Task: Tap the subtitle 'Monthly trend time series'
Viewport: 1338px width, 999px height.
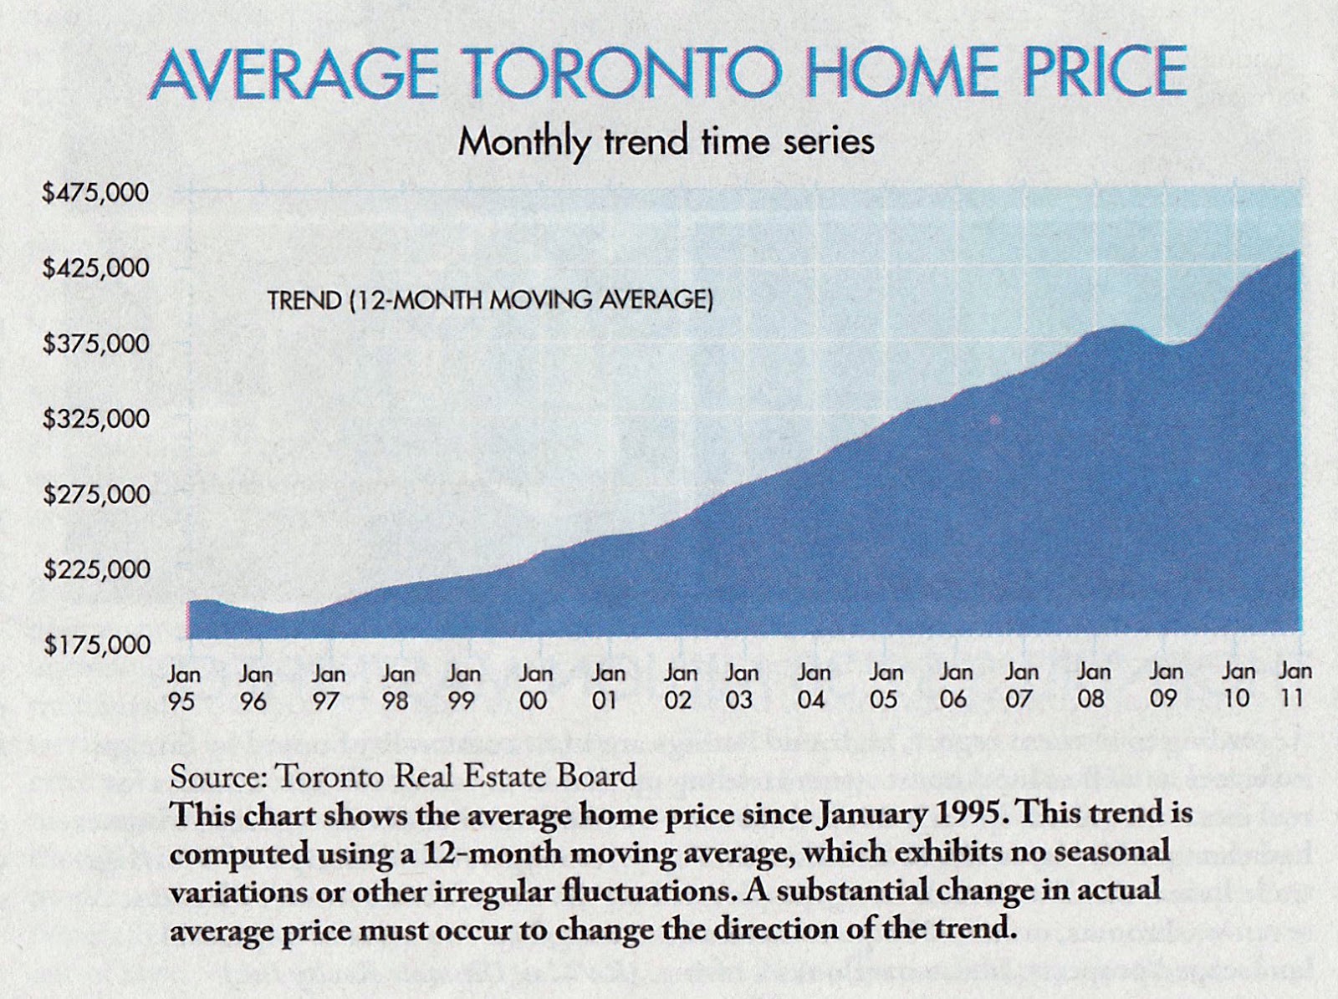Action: pos(666,140)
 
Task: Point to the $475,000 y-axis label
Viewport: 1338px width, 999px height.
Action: pos(95,193)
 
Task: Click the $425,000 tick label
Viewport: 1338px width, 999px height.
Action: pos(95,268)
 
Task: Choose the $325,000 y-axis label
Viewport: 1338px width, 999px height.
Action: pos(95,419)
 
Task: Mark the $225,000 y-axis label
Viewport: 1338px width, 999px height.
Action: pos(95,570)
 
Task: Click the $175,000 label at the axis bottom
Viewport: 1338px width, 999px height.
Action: pos(95,645)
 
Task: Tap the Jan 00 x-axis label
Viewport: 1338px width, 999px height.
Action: pos(535,687)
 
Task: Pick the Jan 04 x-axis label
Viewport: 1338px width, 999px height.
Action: pos(813,686)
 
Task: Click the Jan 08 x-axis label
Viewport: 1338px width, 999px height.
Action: pos(1092,686)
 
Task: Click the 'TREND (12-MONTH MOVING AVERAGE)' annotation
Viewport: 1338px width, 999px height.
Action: pos(490,300)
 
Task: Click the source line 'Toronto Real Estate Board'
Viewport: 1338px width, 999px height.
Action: pos(456,776)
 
